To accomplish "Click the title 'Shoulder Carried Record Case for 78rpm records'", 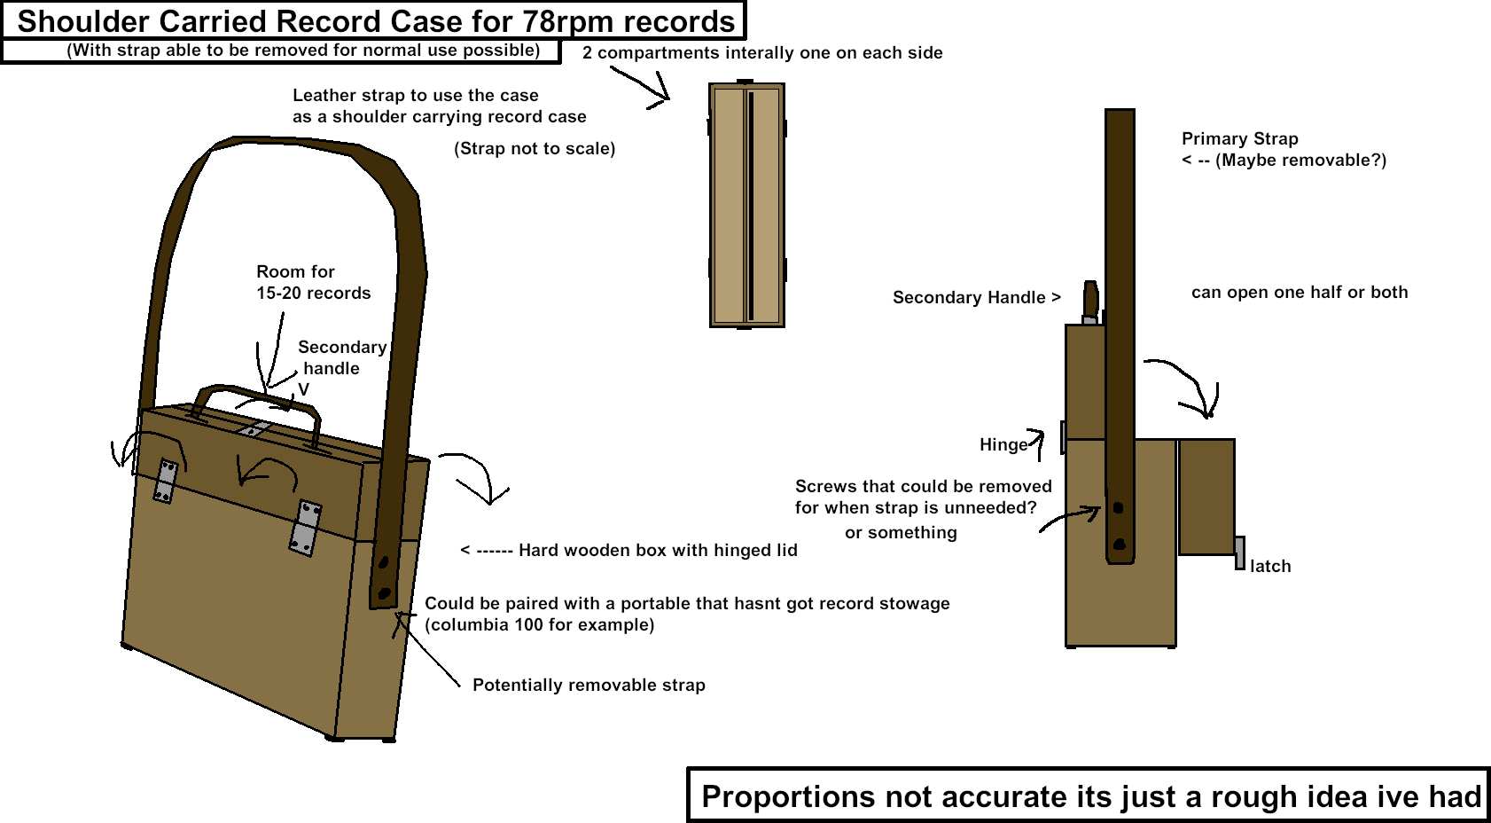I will point(376,21).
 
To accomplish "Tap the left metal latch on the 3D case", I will point(165,482).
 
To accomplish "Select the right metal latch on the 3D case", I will point(306,528).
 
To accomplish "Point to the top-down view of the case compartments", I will point(746,205).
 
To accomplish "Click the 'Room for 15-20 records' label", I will point(313,282).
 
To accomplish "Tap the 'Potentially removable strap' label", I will point(589,685).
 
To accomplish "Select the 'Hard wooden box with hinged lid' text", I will point(657,550).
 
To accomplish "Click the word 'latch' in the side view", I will point(1270,566).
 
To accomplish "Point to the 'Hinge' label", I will point(1003,444).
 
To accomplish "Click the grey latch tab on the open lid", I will point(1239,553).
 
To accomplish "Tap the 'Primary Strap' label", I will point(1239,138).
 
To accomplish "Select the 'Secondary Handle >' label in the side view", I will point(976,297).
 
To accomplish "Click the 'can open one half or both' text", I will point(1299,292).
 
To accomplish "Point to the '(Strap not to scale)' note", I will point(535,148).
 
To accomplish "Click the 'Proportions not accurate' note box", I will point(1089,796).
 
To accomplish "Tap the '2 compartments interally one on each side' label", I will point(762,52).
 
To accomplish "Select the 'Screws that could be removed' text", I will point(923,486).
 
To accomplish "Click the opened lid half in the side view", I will point(1206,497).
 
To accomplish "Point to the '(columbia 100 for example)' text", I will point(539,624).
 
